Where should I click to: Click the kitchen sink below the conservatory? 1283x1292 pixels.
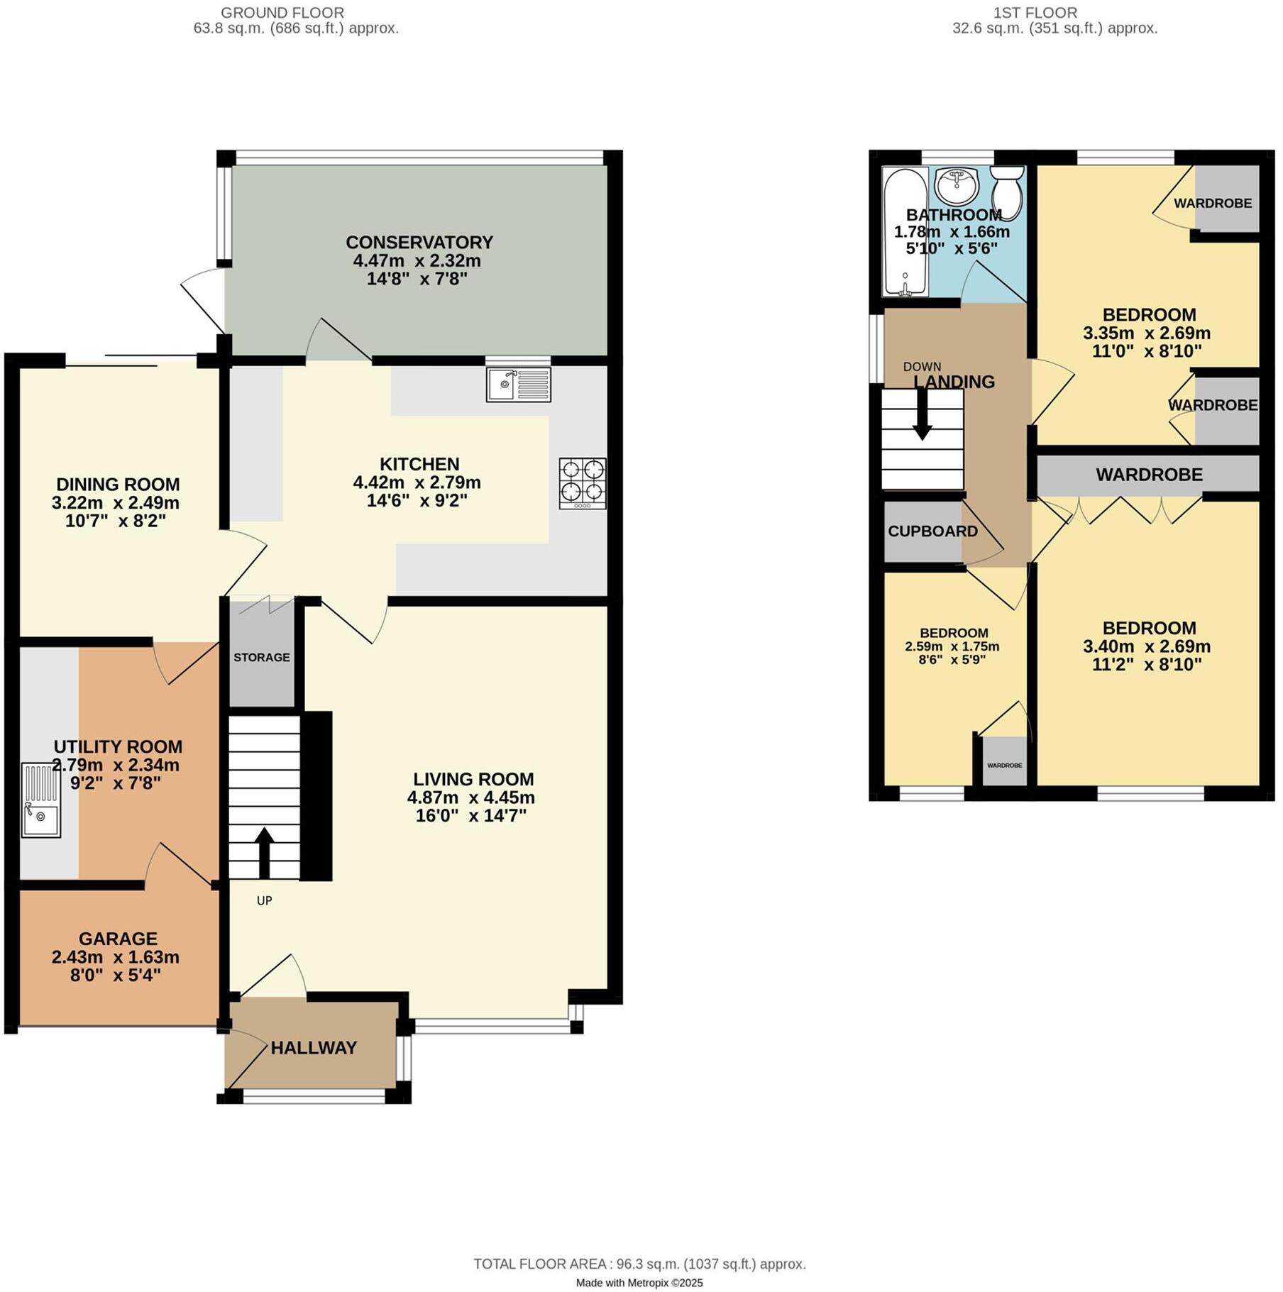tap(518, 384)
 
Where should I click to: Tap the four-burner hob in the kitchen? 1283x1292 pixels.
tap(582, 482)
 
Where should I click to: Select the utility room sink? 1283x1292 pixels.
tap(40, 800)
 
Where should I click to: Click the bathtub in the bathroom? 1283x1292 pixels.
tap(905, 232)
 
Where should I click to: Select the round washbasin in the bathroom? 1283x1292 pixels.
tap(957, 186)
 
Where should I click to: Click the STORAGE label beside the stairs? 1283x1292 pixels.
tap(262, 657)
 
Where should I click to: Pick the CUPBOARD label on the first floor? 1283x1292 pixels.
tap(932, 531)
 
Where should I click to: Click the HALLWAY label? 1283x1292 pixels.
tap(313, 1048)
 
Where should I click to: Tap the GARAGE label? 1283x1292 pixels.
tap(118, 939)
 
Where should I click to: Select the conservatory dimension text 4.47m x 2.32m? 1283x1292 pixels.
tap(417, 260)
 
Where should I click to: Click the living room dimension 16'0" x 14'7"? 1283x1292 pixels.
tap(470, 816)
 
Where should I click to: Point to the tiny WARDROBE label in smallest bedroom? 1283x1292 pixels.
tap(1004, 766)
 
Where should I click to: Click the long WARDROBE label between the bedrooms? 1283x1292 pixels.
tap(1149, 475)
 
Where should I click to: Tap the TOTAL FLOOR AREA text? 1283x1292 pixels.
tap(639, 1264)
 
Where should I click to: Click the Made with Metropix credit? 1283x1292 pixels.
tap(639, 1283)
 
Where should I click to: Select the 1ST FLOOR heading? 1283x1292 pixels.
tap(1035, 13)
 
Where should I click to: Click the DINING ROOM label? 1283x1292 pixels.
tap(118, 485)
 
